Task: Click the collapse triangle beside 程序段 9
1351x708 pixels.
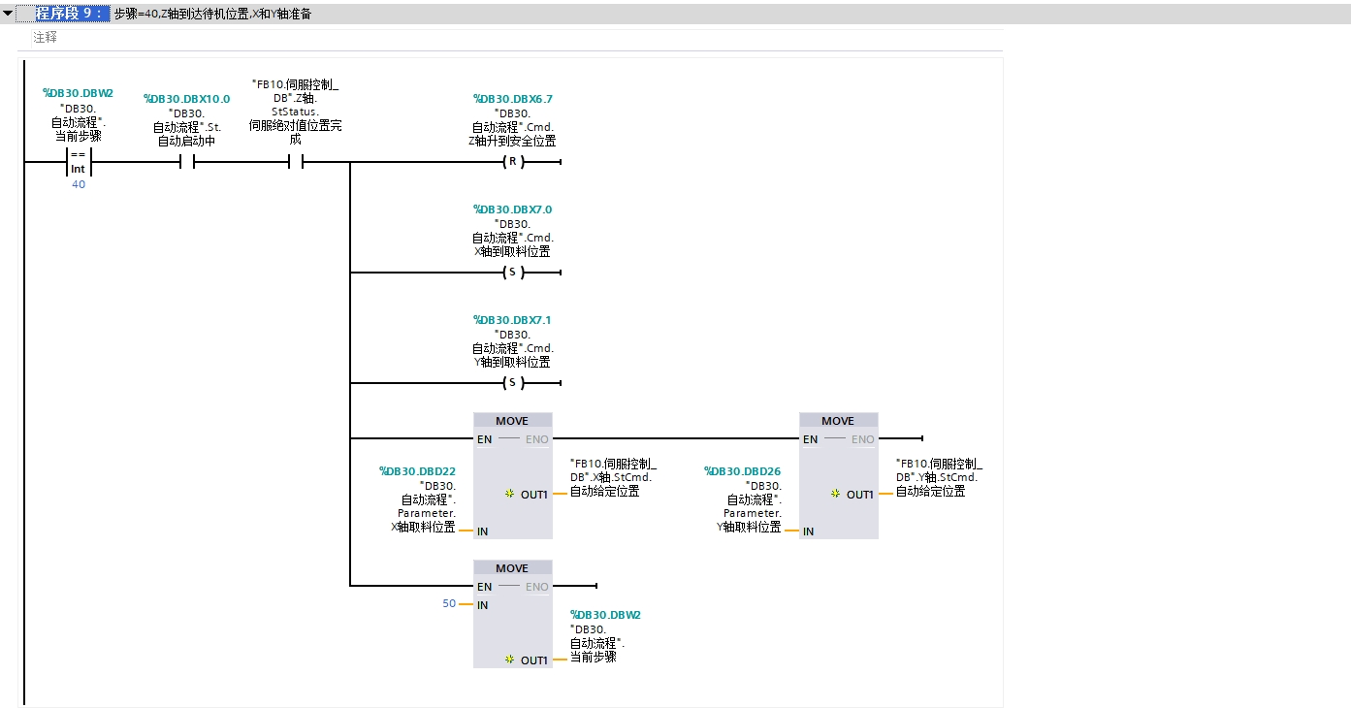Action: click(8, 14)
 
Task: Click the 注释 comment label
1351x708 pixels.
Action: click(45, 38)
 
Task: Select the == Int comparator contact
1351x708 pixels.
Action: click(78, 162)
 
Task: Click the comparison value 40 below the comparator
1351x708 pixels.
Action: click(79, 184)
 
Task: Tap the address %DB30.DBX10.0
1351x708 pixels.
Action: click(186, 99)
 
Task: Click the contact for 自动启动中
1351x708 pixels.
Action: click(187, 162)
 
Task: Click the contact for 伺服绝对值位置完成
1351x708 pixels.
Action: click(296, 162)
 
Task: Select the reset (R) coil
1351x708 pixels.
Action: click(513, 162)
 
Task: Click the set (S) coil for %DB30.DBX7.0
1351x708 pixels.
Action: click(513, 273)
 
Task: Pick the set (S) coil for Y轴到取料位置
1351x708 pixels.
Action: click(513, 383)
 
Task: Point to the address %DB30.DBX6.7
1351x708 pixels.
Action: click(512, 99)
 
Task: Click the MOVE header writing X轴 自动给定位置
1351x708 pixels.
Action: click(512, 421)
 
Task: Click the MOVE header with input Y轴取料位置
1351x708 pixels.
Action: click(838, 421)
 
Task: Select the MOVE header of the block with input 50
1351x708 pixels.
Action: click(512, 568)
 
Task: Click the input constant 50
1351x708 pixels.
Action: click(448, 603)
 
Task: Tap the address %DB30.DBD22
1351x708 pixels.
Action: click(417, 471)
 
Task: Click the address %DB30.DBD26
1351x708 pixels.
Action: click(742, 471)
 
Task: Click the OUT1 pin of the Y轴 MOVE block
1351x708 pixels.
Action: click(858, 495)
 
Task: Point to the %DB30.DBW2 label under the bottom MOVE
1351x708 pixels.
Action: click(605, 615)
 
